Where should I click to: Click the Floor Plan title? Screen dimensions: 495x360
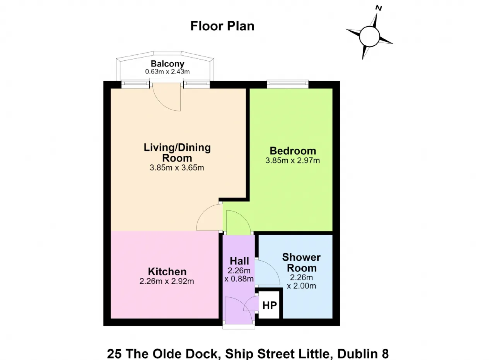pyautogui.click(x=222, y=26)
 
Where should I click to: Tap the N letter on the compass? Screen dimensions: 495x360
pyautogui.click(x=379, y=8)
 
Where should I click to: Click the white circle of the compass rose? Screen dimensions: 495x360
pyautogui.click(x=369, y=36)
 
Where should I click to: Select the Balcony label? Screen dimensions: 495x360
pyautogui.click(x=167, y=64)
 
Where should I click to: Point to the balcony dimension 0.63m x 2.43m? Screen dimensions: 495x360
pyautogui.click(x=167, y=72)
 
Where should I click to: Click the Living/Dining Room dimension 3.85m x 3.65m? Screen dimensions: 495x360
pyautogui.click(x=177, y=168)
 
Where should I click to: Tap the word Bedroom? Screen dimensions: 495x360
pyautogui.click(x=293, y=151)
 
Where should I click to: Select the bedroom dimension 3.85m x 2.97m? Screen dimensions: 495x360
pyautogui.click(x=293, y=160)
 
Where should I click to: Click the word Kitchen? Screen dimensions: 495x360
pyautogui.click(x=167, y=271)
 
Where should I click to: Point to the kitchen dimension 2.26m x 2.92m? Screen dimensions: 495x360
pyautogui.click(x=167, y=281)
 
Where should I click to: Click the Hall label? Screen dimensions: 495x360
pyautogui.click(x=239, y=261)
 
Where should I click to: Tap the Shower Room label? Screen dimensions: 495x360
pyautogui.click(x=301, y=263)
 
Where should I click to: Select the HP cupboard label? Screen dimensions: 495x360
pyautogui.click(x=270, y=305)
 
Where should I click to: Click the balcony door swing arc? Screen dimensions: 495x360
pyautogui.click(x=161, y=104)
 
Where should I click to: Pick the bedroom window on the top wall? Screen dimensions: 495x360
pyautogui.click(x=288, y=84)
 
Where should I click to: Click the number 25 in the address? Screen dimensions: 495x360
pyautogui.click(x=114, y=353)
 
